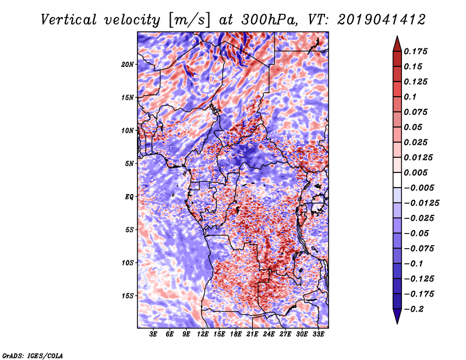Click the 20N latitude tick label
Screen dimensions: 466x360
point(127,65)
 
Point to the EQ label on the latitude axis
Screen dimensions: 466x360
point(129,197)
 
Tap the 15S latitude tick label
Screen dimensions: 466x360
point(129,296)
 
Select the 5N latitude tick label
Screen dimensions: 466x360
point(129,164)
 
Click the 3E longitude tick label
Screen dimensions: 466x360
point(153,334)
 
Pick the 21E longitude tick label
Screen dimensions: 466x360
point(252,334)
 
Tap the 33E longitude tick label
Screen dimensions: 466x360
point(318,334)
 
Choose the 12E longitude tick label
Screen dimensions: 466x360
point(202,334)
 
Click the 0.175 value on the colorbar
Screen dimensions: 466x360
point(415,51)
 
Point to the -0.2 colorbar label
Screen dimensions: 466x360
point(414,309)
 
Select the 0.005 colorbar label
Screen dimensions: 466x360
point(415,172)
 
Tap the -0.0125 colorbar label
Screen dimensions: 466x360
point(421,203)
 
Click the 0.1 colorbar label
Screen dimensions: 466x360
point(410,97)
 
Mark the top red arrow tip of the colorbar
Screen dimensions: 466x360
point(397,36)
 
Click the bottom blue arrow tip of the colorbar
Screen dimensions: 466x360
point(397,323)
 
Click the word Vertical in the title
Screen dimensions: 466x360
point(69,20)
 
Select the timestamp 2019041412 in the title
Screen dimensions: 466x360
point(382,20)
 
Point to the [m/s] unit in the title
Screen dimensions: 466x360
point(189,20)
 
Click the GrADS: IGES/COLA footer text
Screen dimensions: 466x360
point(33,356)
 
